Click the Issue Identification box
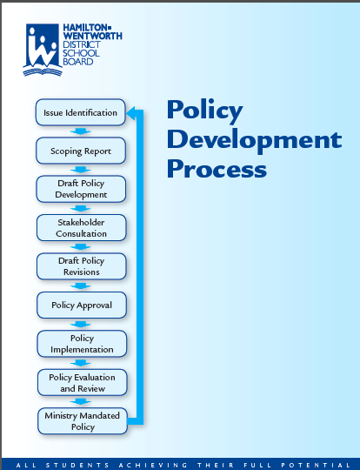click(x=80, y=112)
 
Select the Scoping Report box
click(x=81, y=151)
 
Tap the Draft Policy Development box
click(x=81, y=189)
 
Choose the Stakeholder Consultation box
click(x=81, y=228)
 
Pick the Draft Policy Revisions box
click(x=82, y=266)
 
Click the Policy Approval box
click(x=82, y=305)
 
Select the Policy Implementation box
click(x=82, y=344)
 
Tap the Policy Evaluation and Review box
click(x=83, y=382)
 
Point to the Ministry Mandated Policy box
click(x=83, y=421)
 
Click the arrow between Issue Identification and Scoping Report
click(x=80, y=131)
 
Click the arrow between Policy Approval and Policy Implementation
click(x=81, y=325)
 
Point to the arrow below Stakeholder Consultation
click(x=81, y=247)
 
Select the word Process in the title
click(x=217, y=169)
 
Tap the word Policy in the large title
click(x=205, y=111)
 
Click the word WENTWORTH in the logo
click(x=92, y=36)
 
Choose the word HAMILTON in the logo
click(x=85, y=28)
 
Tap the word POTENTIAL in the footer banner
click(x=317, y=465)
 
